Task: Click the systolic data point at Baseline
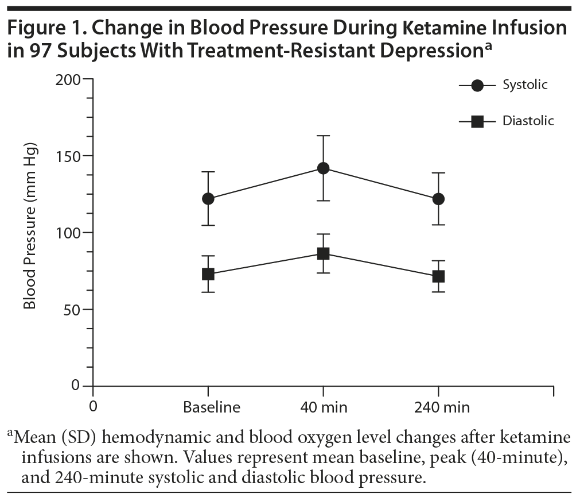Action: (208, 199)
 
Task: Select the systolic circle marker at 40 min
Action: (323, 168)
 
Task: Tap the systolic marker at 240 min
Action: (438, 199)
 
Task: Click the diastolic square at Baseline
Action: (208, 274)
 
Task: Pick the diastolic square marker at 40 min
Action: (323, 253)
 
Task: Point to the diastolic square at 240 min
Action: (438, 276)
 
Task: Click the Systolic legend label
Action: (525, 85)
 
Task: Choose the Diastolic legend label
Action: (528, 121)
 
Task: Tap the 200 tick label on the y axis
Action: (67, 79)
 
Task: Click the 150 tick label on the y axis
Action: (67, 156)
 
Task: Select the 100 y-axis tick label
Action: (67, 233)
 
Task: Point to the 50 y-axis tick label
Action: (72, 310)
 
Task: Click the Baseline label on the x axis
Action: (211, 408)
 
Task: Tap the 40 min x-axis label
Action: (324, 408)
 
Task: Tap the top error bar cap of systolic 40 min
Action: (323, 136)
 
